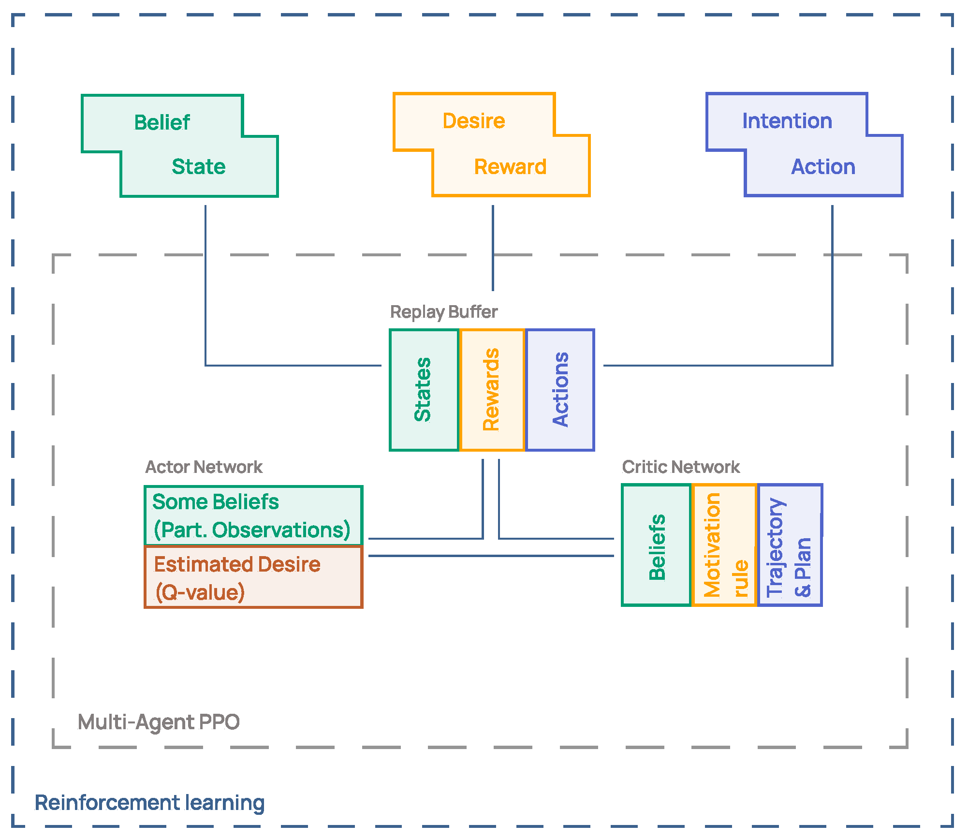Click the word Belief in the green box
(162, 123)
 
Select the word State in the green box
(199, 167)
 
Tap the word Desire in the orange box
(474, 121)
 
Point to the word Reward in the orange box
(510, 167)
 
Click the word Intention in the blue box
(787, 121)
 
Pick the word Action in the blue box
(823, 167)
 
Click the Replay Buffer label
(443, 312)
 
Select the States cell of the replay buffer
(424, 390)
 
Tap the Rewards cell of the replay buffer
(492, 390)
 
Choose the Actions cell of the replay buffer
(560, 390)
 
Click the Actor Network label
(204, 467)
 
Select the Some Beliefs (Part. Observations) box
(253, 516)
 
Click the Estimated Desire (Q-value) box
(253, 577)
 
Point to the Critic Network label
(680, 467)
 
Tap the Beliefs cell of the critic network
(656, 545)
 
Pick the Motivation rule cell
(724, 545)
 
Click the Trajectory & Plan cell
(789, 545)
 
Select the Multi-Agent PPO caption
(159, 722)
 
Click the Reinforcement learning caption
(149, 803)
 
